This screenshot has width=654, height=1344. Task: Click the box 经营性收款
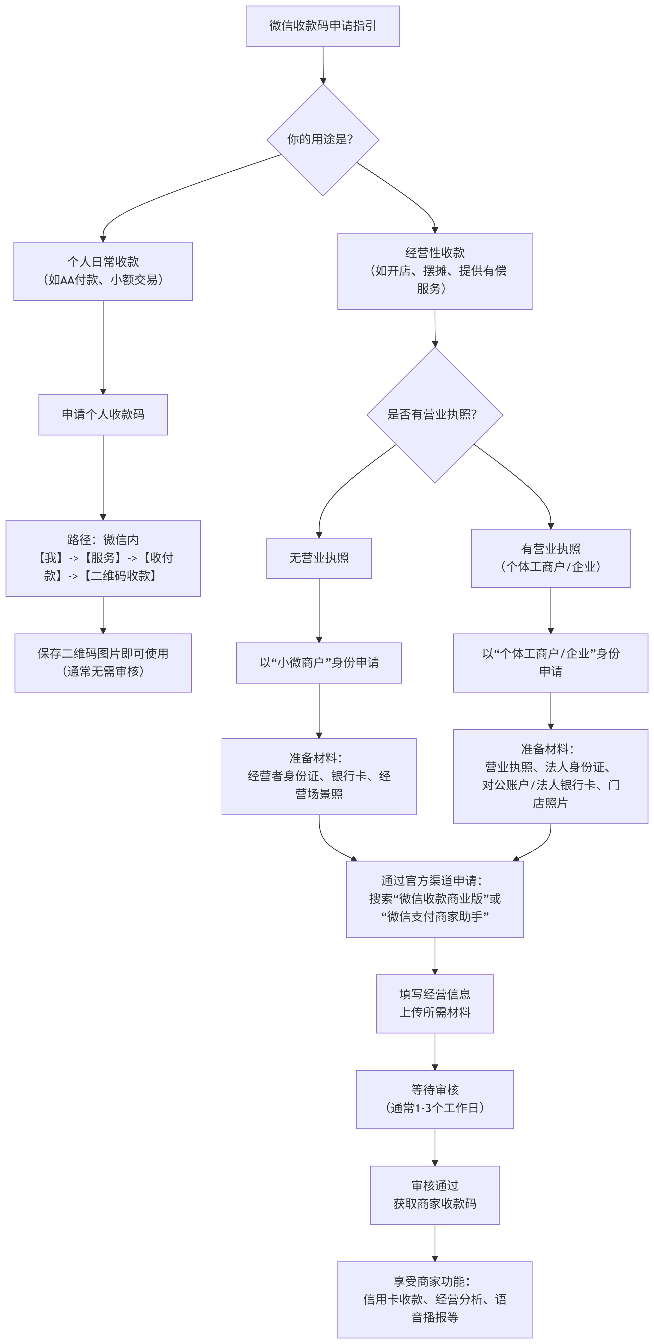click(x=435, y=271)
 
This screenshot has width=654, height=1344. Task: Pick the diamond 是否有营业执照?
click(x=435, y=415)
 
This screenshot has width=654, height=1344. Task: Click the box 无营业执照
click(x=319, y=558)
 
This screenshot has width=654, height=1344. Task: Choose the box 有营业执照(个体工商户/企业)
click(x=551, y=558)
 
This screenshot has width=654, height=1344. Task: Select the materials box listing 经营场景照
click(x=319, y=776)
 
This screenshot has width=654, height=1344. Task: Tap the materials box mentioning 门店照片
click(x=551, y=776)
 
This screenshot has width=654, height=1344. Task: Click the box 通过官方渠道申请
click(x=435, y=899)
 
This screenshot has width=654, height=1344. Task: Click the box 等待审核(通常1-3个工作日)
click(x=435, y=1099)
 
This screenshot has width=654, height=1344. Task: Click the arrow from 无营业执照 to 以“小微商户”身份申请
click(x=319, y=610)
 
